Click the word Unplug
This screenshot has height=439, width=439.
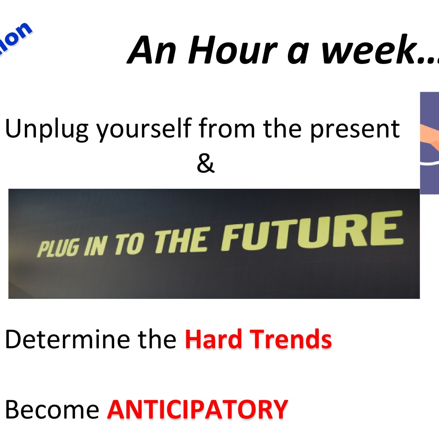click(x=46, y=129)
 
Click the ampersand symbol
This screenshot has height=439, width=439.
click(x=205, y=164)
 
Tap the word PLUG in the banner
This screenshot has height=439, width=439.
click(x=58, y=248)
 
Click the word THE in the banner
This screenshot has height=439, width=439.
click(x=181, y=241)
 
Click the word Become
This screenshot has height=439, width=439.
click(x=52, y=409)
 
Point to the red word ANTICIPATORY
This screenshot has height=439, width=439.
click(x=198, y=409)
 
